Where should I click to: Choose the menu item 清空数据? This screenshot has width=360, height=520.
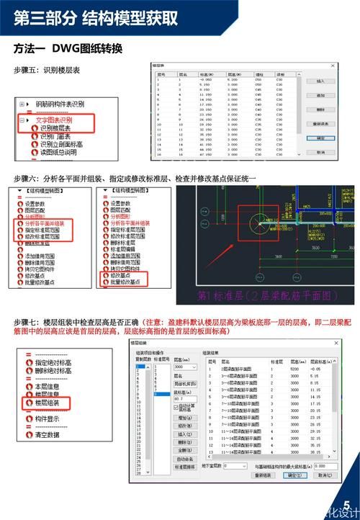point(50,434)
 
